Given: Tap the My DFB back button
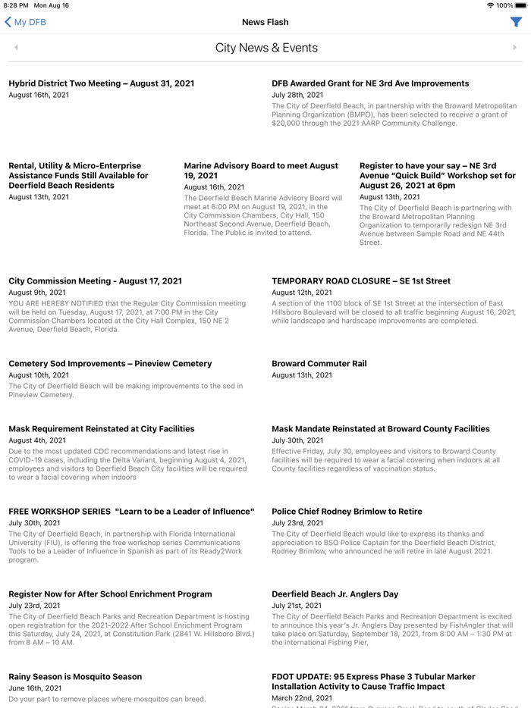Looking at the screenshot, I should coord(25,22).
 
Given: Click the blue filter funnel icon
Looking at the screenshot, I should coord(516,22).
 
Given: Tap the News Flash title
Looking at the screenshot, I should coord(265,22).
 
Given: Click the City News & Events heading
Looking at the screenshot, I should coord(266,48).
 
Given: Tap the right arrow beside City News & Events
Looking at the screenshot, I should coord(514,48).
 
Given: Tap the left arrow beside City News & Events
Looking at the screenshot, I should coord(16,48).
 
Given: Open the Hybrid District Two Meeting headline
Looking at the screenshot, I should coord(101,83).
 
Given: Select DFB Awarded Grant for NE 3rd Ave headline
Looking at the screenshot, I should coord(370,83).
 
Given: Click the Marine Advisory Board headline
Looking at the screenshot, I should coord(261,171).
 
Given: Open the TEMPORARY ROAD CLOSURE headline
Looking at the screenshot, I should coord(360,281).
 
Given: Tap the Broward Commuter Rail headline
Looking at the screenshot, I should coord(319,364).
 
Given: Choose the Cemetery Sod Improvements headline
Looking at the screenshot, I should coord(110,364).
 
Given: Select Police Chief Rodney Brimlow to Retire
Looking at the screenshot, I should coord(346,512).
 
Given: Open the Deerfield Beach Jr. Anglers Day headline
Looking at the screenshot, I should coord(335,594).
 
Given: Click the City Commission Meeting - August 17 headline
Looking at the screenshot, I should coord(95,281).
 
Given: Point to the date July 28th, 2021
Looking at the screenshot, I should coord(297,96).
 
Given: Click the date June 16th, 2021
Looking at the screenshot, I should coord(34,688).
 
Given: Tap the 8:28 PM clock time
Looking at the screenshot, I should coord(16,5).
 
